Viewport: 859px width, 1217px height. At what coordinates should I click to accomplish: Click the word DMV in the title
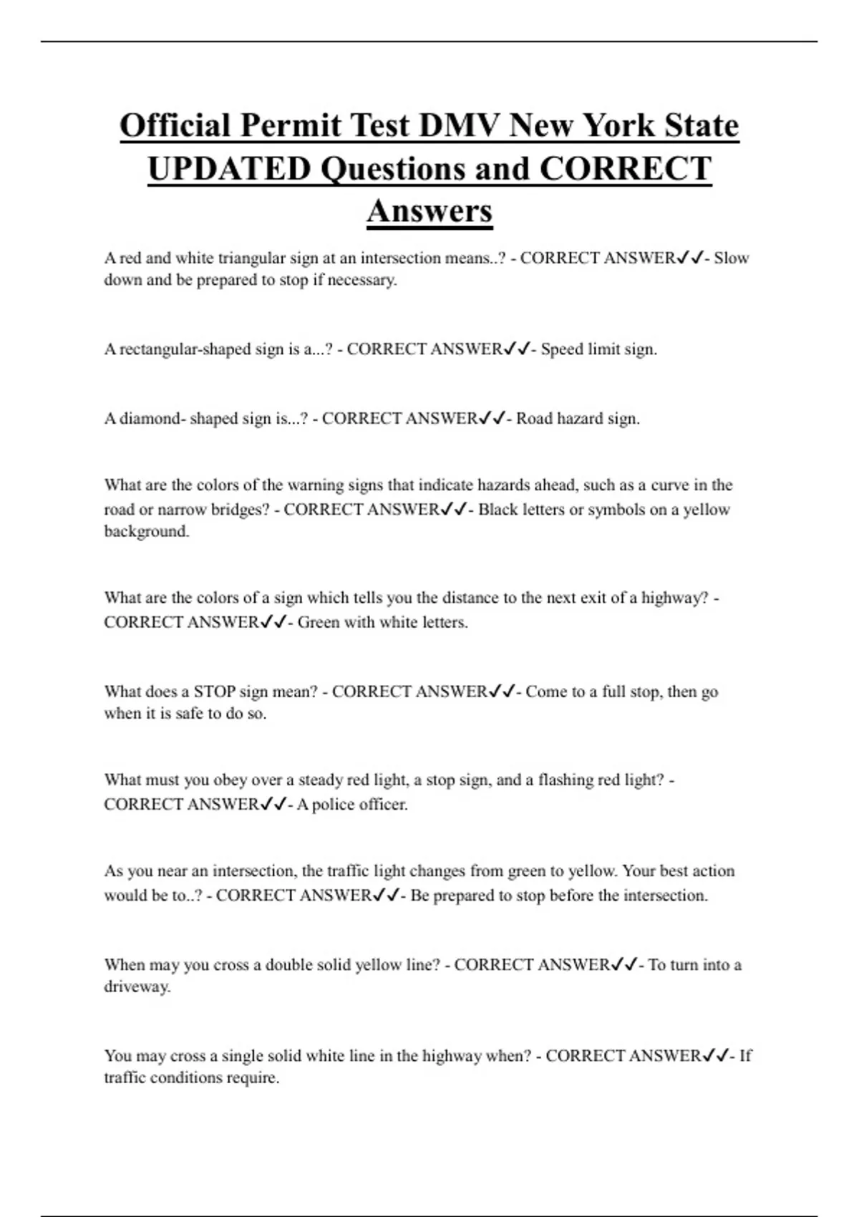click(x=460, y=126)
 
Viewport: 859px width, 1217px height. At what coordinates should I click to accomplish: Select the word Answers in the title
click(x=429, y=211)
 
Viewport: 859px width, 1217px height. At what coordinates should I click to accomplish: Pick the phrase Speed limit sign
click(x=598, y=349)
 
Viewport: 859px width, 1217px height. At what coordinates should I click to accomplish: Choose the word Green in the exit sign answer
click(x=319, y=622)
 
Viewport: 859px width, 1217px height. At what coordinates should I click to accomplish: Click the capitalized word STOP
click(x=214, y=692)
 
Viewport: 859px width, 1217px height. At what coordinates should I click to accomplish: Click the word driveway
click(x=137, y=987)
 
